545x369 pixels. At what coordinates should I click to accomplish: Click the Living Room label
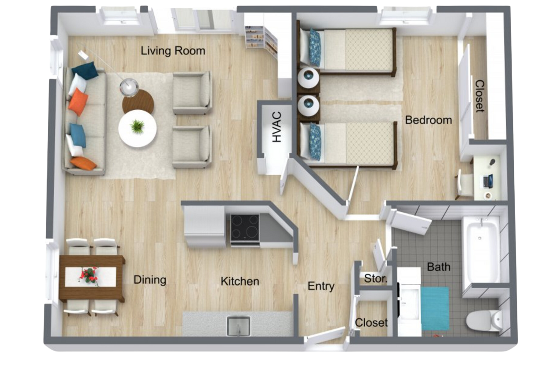coord(173,51)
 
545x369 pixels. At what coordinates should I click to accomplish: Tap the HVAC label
coord(276,127)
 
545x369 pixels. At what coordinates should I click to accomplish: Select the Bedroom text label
coord(428,119)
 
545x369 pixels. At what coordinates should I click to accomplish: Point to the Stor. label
coord(376,279)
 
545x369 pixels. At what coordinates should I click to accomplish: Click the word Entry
coord(321,286)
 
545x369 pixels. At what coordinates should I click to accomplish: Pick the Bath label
coord(438,267)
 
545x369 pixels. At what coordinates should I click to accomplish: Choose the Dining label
coord(150,280)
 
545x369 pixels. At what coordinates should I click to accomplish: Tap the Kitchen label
coord(240,281)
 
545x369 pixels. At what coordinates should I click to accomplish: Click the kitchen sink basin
coord(239,326)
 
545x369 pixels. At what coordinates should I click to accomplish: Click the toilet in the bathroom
coord(485,320)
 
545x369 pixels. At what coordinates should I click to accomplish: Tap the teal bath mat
coord(435,307)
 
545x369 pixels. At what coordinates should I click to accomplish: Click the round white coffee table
coord(138,128)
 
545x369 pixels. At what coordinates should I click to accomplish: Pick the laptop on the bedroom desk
coord(488,180)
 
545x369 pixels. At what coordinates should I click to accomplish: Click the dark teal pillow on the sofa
coord(85,70)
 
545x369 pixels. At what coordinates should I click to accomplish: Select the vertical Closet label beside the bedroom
coord(480,96)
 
